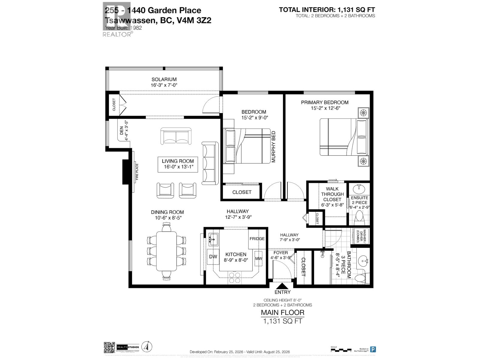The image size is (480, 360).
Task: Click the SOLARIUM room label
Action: pos(164,79)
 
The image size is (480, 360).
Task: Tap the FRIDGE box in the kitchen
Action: pos(257,238)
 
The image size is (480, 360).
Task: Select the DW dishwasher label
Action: pos(213,257)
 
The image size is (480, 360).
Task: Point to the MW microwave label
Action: pos(258,258)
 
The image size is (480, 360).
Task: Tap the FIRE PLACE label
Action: pos(137,172)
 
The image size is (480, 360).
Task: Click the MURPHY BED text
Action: pos(273,147)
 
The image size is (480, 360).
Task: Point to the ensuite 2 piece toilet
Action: pos(359,218)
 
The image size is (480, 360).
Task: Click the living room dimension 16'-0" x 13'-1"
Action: pos(178,167)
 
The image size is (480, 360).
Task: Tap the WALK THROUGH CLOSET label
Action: pos(332,194)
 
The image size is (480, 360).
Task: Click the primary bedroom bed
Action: pos(343,137)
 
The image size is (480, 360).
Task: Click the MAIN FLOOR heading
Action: pos(282,312)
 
